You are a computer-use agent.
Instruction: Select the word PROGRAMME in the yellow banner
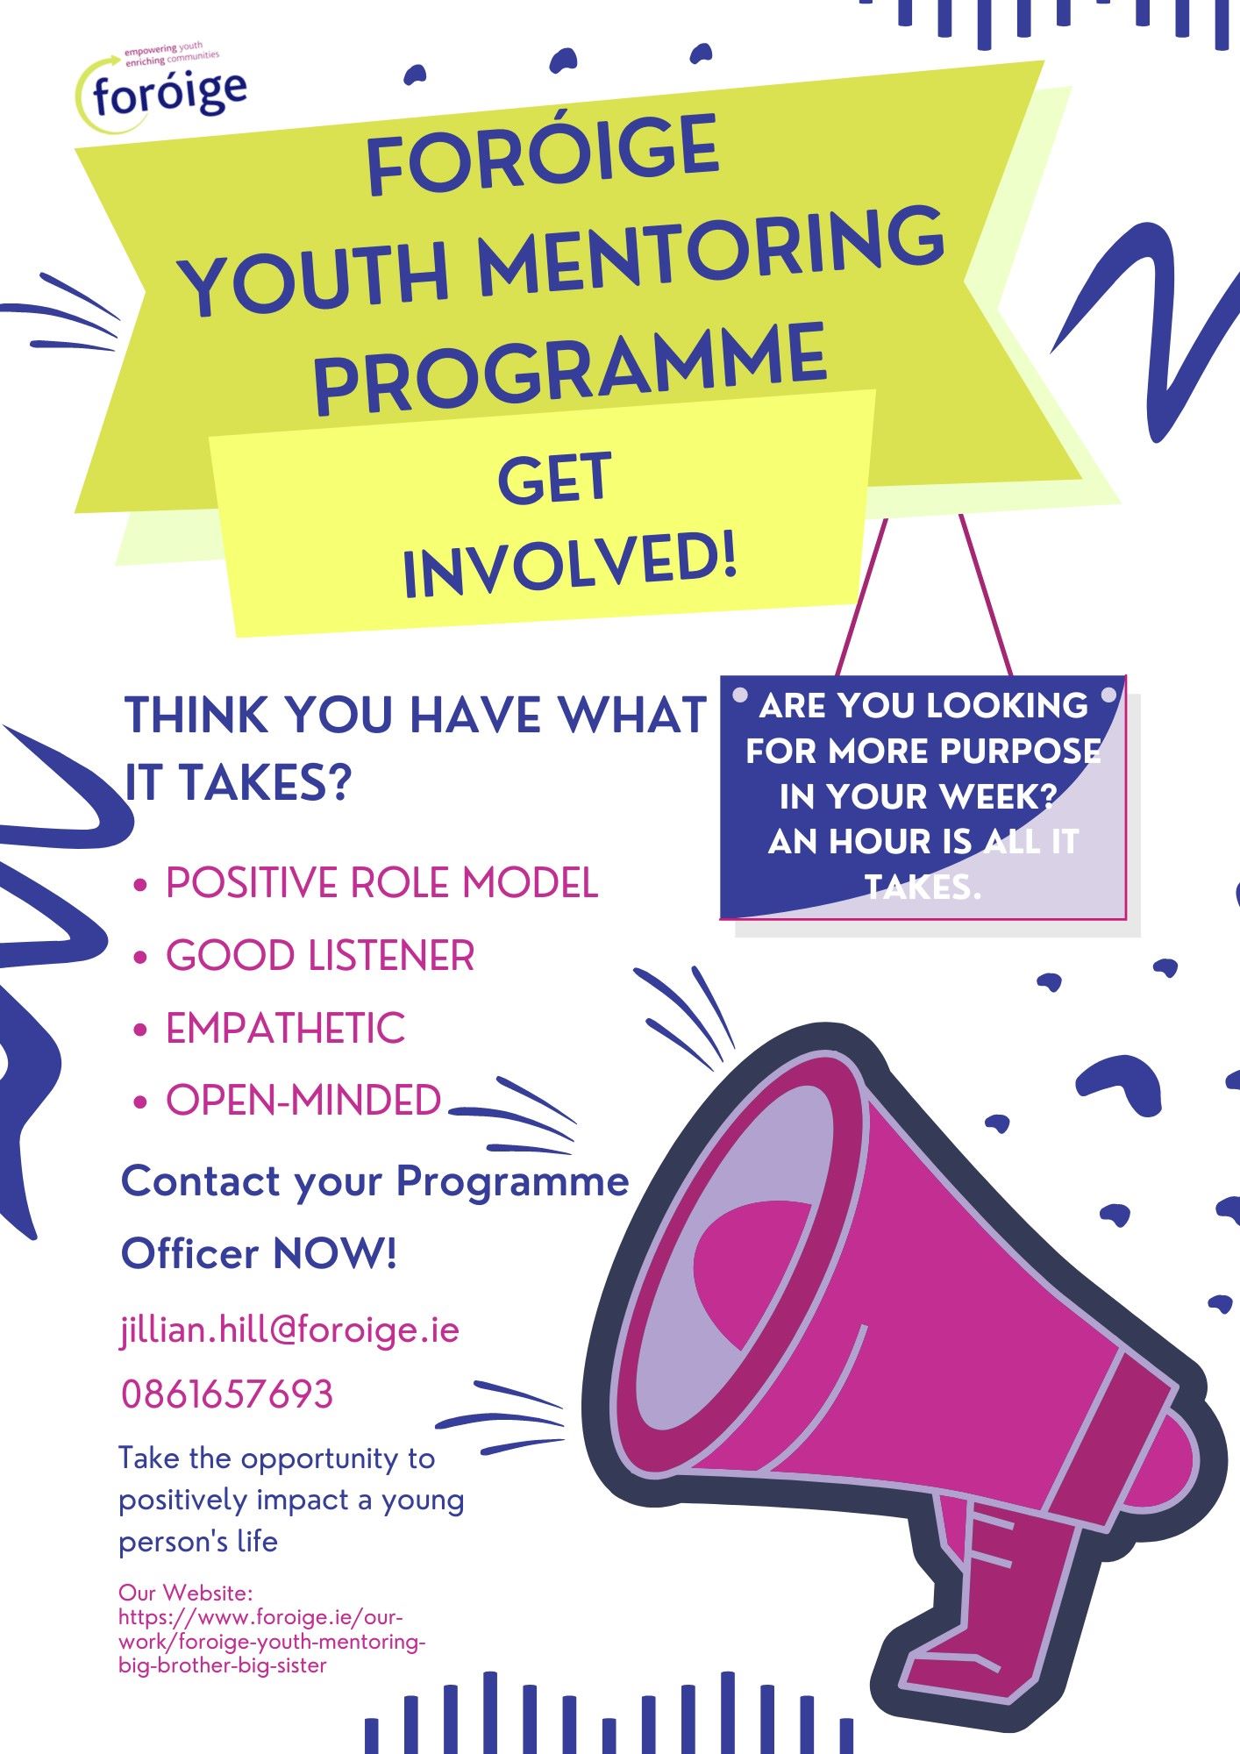pos(571,368)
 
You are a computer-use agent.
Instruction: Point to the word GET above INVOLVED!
pos(553,479)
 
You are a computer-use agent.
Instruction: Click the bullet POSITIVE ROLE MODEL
pos(382,882)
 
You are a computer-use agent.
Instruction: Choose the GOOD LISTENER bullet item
pos(320,955)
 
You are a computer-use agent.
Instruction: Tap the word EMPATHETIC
pos(285,1028)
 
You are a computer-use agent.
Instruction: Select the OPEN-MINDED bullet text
pos(303,1100)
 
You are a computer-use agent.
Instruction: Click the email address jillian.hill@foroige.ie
pos(289,1330)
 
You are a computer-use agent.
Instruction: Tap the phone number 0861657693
pos(227,1394)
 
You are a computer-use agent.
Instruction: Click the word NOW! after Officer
pos(335,1253)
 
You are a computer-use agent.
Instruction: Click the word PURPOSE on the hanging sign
pos(1021,751)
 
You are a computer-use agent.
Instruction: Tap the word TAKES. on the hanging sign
pos(923,888)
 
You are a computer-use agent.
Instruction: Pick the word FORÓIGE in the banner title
pos(542,156)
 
